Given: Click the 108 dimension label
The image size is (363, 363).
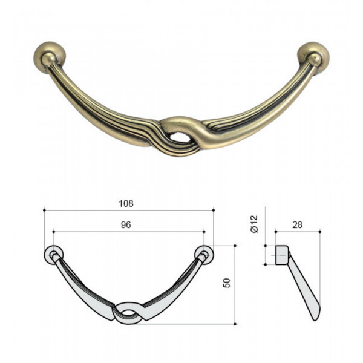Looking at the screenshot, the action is [126, 203].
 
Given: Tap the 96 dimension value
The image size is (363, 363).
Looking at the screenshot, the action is [126, 225].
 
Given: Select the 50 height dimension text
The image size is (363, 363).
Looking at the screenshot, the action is [227, 283].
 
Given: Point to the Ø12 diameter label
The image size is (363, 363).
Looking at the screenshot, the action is [253, 224].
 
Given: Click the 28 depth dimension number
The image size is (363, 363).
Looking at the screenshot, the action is [297, 225].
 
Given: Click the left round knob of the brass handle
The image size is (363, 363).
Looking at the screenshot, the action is [50, 57].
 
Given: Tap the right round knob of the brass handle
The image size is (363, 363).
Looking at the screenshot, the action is [313, 57].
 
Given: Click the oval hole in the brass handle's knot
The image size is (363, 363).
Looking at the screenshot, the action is [178, 137].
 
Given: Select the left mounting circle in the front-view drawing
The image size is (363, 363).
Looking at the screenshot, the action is [53, 255].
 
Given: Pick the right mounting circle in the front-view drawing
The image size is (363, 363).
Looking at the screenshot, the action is [204, 255].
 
